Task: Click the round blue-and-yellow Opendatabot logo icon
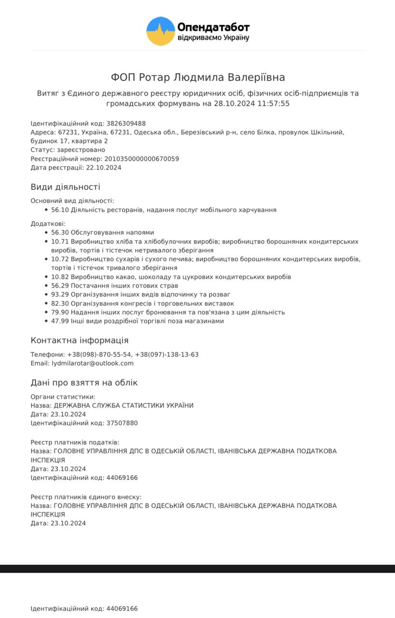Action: [x=161, y=31]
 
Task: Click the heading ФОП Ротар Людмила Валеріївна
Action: [x=198, y=77]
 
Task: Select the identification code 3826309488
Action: [x=126, y=124]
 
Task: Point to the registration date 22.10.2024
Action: [x=103, y=168]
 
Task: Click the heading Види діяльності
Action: [x=65, y=187]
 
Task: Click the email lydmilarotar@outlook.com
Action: [x=93, y=363]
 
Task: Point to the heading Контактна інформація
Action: [x=80, y=340]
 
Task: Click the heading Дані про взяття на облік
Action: [x=84, y=383]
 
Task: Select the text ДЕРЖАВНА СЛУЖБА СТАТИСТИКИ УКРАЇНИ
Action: [x=123, y=406]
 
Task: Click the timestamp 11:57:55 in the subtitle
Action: [x=273, y=103]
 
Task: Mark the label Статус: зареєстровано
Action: [x=68, y=150]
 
